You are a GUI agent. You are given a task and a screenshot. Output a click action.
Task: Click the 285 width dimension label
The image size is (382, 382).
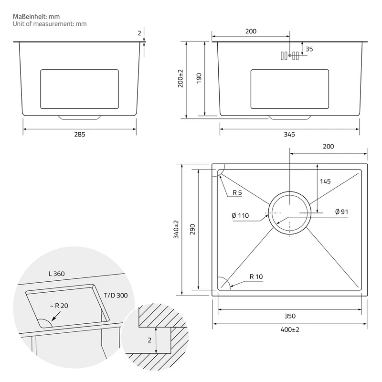pos(80,134)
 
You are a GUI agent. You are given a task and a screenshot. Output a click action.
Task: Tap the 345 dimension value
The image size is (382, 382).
pos(289,134)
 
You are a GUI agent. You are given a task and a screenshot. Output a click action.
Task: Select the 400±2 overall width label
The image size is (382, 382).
pos(290,329)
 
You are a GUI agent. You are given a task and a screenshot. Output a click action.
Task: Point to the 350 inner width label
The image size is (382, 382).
pos(290,316)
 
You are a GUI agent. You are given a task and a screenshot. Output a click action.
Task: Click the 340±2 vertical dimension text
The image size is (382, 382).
pos(176,229)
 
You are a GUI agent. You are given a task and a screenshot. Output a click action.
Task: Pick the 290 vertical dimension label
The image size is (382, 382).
pos(192,229)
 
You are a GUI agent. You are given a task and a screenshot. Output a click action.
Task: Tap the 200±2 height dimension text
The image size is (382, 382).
pos(180,78)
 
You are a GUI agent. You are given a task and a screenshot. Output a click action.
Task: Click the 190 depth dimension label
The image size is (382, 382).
pos(199,78)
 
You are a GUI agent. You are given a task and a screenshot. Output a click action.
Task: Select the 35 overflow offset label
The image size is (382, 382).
pos(309,49)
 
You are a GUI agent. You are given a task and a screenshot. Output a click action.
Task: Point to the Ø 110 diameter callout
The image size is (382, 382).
pos(240,215)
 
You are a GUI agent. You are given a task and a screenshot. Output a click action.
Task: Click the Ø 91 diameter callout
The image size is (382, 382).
pos(341,212)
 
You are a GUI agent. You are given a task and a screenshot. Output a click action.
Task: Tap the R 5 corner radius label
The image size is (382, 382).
pos(237,193)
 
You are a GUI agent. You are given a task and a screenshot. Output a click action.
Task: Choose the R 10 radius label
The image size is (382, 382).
pos(256,276)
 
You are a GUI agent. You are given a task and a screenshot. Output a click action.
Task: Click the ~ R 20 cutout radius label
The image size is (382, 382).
pos(59,306)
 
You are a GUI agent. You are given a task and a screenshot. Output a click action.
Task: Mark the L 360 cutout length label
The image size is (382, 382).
pos(56,274)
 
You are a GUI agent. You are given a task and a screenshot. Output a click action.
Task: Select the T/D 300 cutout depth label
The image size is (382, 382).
pos(116,295)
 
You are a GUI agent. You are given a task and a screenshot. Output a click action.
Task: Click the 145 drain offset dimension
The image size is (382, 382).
pos(325,181)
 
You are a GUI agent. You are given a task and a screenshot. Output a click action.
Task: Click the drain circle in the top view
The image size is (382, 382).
pos(290,191)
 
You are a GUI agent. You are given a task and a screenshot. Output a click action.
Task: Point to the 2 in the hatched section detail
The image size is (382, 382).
pos(149,340)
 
